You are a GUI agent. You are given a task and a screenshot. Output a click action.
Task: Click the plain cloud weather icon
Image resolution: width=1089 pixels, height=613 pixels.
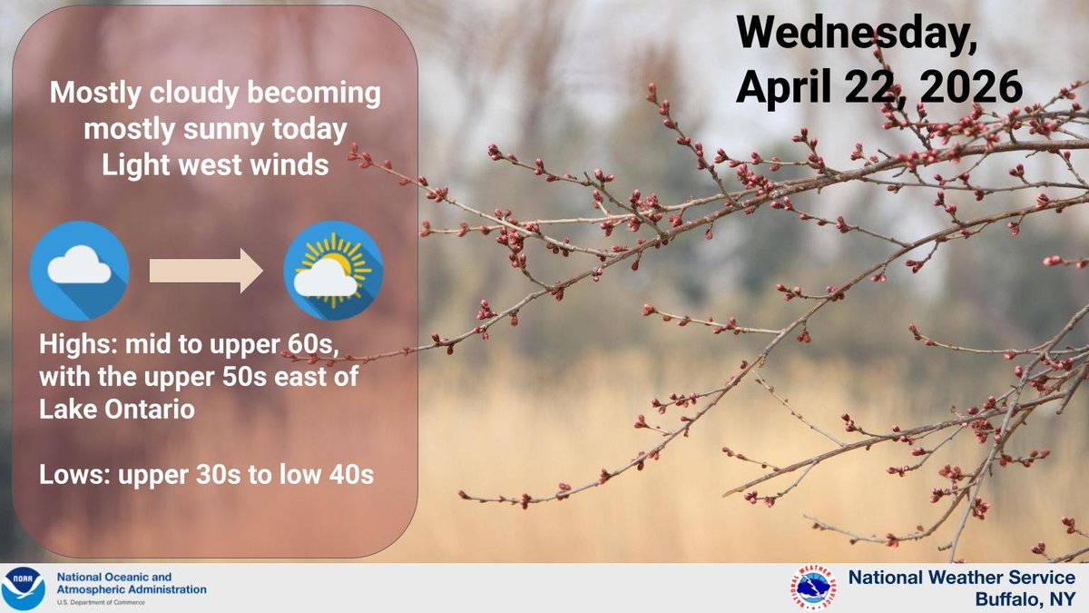tap(79, 270)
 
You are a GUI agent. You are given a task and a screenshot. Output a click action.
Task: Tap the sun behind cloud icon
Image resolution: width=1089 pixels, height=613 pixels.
tap(333, 271)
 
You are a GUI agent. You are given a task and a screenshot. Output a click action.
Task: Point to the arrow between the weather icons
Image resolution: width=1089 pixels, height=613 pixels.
tap(205, 270)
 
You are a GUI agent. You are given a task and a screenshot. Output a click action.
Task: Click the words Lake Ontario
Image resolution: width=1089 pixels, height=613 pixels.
tap(117, 409)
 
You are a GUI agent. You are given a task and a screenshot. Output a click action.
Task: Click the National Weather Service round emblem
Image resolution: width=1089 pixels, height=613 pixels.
tap(813, 588)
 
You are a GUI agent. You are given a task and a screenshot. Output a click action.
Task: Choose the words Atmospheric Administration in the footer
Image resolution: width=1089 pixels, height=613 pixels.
tap(132, 589)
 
